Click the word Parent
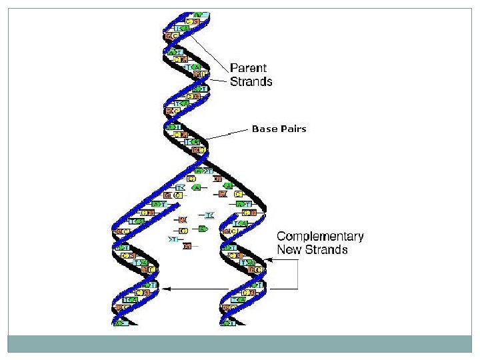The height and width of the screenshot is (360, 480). [248, 68]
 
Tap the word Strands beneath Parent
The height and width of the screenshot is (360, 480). [251, 81]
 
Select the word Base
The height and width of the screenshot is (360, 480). [264, 129]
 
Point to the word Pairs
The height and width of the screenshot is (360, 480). [293, 129]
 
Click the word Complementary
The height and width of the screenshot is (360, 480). [320, 237]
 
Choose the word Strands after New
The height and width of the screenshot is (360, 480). [326, 250]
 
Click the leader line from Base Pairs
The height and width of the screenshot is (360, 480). [227, 135]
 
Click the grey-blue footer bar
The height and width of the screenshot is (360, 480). [240, 343]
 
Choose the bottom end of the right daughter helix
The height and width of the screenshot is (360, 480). [229, 324]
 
